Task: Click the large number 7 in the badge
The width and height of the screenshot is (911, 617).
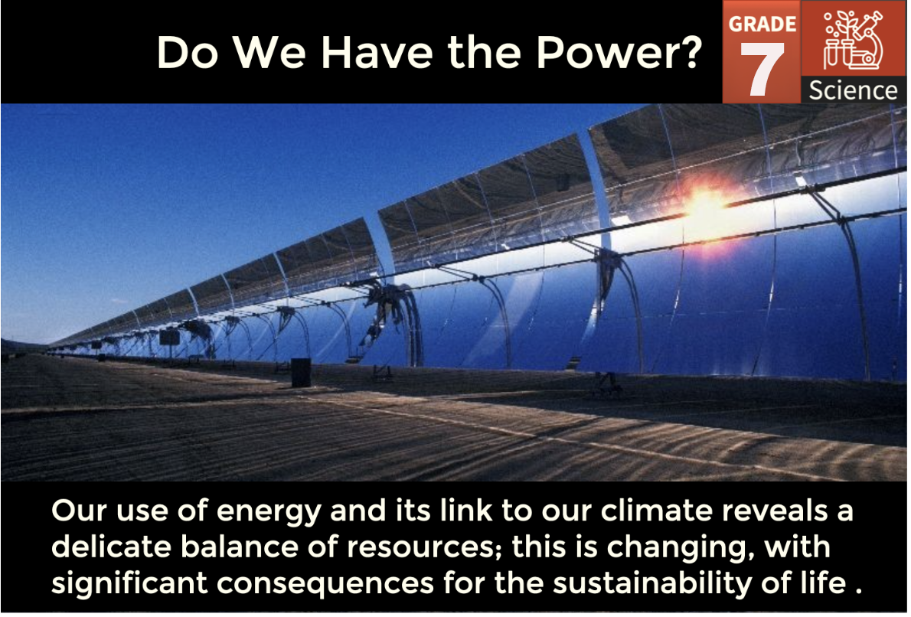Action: [762, 69]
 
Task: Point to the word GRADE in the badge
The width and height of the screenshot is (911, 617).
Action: [762, 24]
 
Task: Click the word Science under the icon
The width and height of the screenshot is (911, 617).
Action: [853, 90]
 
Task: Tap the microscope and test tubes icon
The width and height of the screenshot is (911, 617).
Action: [853, 41]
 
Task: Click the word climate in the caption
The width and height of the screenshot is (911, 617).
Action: [656, 511]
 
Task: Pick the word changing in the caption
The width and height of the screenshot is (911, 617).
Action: [681, 548]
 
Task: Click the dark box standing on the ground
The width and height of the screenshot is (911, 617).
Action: [301, 372]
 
